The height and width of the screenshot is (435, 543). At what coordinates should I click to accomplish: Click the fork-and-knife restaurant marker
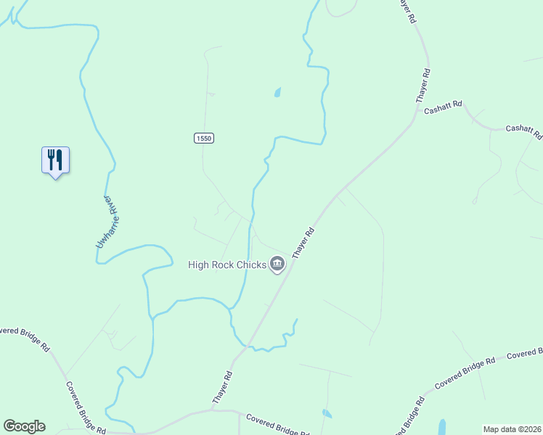(x=55, y=160)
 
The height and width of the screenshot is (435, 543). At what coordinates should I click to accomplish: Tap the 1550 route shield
(x=204, y=138)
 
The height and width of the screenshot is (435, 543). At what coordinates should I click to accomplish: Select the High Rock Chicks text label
(x=227, y=265)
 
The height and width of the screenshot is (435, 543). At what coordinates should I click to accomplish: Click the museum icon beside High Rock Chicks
(x=277, y=265)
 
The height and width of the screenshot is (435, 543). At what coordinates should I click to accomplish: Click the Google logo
(x=24, y=426)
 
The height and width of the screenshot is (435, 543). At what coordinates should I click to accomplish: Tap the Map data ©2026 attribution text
(x=512, y=429)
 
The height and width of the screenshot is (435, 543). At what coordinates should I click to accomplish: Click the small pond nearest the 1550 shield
(x=277, y=92)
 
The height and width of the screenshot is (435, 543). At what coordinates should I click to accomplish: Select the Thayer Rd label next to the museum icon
(x=303, y=244)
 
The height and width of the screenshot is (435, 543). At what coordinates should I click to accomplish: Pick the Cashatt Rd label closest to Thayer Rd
(x=443, y=109)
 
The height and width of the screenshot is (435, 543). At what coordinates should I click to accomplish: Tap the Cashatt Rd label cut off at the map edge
(x=524, y=131)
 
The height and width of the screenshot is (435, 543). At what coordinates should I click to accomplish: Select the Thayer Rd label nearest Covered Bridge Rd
(x=222, y=388)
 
